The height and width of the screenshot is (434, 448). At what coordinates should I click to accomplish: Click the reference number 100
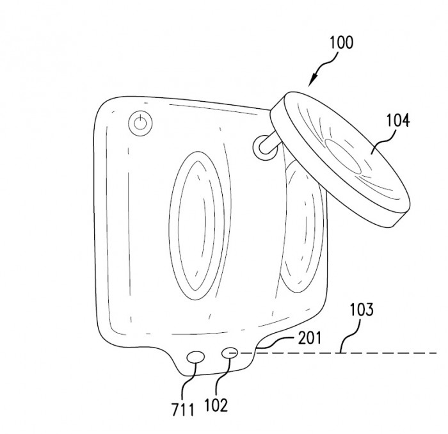[x=341, y=43]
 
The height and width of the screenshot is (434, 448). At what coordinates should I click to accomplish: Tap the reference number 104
[x=398, y=120]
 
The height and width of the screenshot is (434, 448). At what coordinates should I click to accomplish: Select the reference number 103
[x=362, y=309]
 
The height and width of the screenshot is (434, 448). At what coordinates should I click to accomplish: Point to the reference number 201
[x=309, y=338]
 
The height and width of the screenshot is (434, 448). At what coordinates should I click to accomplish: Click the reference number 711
[x=183, y=410]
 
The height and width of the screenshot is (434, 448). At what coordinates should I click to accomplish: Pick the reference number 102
[x=216, y=405]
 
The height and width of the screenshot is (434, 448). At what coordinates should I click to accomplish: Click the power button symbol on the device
[x=140, y=123]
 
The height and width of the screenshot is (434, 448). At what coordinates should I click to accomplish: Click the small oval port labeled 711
[x=195, y=357]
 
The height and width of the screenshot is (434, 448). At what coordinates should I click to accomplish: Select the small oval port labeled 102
[x=229, y=353]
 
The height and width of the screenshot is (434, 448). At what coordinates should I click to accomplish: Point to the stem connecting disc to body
[x=268, y=142]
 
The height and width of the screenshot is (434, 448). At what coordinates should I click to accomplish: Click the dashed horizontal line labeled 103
[x=337, y=353]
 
